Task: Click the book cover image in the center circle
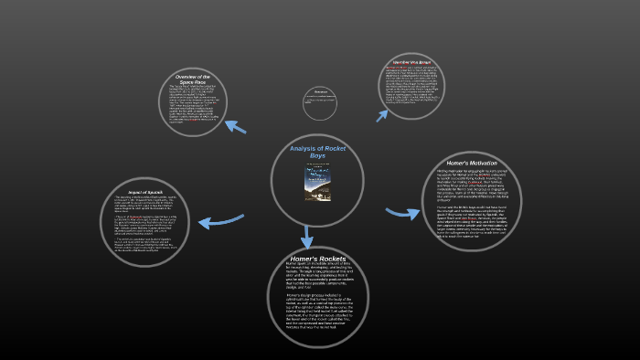[x=317, y=182]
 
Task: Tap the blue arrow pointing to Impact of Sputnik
[x=220, y=220]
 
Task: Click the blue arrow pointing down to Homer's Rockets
[x=307, y=235]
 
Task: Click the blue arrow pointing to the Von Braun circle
[x=382, y=112]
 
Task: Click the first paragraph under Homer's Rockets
[x=317, y=278]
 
